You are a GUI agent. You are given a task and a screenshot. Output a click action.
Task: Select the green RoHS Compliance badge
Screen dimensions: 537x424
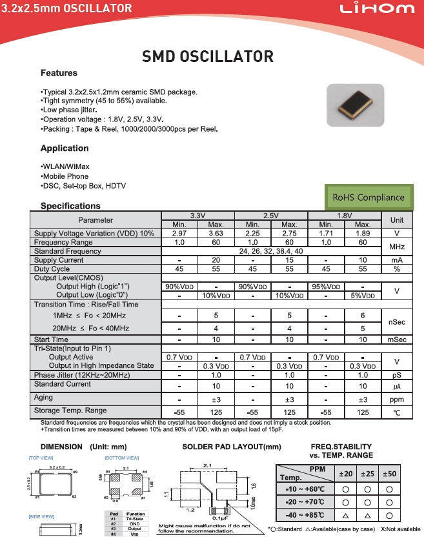368,198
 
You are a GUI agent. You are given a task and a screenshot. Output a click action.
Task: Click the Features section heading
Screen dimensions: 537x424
59,73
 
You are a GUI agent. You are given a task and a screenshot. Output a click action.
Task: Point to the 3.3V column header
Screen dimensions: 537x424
197,215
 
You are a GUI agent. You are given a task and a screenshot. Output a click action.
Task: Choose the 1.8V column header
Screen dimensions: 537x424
345,215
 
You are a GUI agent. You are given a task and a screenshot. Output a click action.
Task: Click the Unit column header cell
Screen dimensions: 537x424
397,219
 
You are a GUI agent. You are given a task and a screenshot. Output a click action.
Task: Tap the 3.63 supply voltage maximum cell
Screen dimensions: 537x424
216,233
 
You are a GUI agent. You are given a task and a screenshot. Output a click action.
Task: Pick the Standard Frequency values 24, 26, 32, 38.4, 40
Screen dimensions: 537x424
270,251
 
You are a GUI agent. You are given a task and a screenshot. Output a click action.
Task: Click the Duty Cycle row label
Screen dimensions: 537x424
52,269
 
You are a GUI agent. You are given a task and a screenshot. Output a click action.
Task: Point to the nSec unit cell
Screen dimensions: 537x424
397,321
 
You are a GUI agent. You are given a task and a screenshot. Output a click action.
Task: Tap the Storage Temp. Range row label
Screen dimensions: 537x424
70,410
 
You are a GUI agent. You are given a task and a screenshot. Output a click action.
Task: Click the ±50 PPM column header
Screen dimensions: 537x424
390,474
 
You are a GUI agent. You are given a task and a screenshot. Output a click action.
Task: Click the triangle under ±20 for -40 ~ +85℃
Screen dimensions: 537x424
346,515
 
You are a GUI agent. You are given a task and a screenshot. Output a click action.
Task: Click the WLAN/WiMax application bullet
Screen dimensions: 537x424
65,167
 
